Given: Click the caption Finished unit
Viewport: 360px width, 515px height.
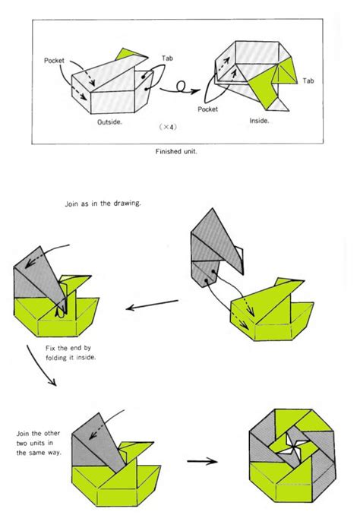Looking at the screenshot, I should tap(180, 151).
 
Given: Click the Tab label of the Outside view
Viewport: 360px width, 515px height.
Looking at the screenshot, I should tap(169, 58).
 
